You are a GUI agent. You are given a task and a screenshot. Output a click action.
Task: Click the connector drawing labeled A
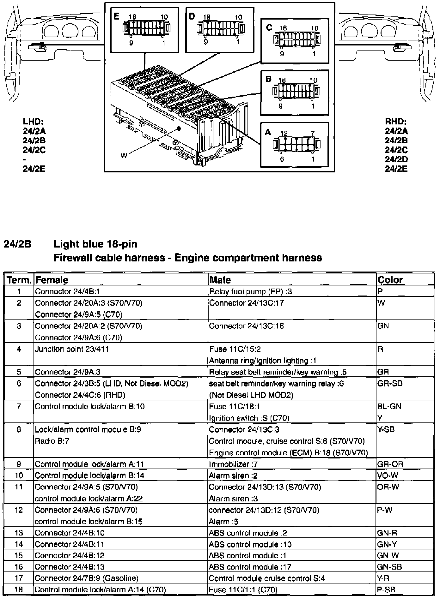click(296, 145)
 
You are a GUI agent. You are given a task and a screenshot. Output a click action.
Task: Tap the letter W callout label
click(124, 155)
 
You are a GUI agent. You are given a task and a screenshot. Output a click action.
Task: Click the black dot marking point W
click(179, 129)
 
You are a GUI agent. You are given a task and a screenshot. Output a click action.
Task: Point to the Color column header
click(390, 280)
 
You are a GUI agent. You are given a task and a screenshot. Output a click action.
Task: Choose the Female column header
click(52, 280)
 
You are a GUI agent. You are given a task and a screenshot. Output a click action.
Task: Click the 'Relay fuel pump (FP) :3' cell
click(251, 291)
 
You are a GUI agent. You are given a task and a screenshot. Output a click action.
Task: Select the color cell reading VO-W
click(387, 475)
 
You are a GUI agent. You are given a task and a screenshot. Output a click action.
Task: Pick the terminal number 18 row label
click(19, 589)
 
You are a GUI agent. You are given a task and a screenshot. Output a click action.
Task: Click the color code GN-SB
click(389, 567)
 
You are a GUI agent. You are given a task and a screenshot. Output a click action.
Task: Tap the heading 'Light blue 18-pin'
click(95, 244)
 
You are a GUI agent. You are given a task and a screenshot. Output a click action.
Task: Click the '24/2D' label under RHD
click(396, 159)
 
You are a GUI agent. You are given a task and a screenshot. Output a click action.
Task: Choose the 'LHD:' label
click(33, 122)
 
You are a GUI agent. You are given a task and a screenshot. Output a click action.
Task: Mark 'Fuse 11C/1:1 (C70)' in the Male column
click(243, 589)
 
